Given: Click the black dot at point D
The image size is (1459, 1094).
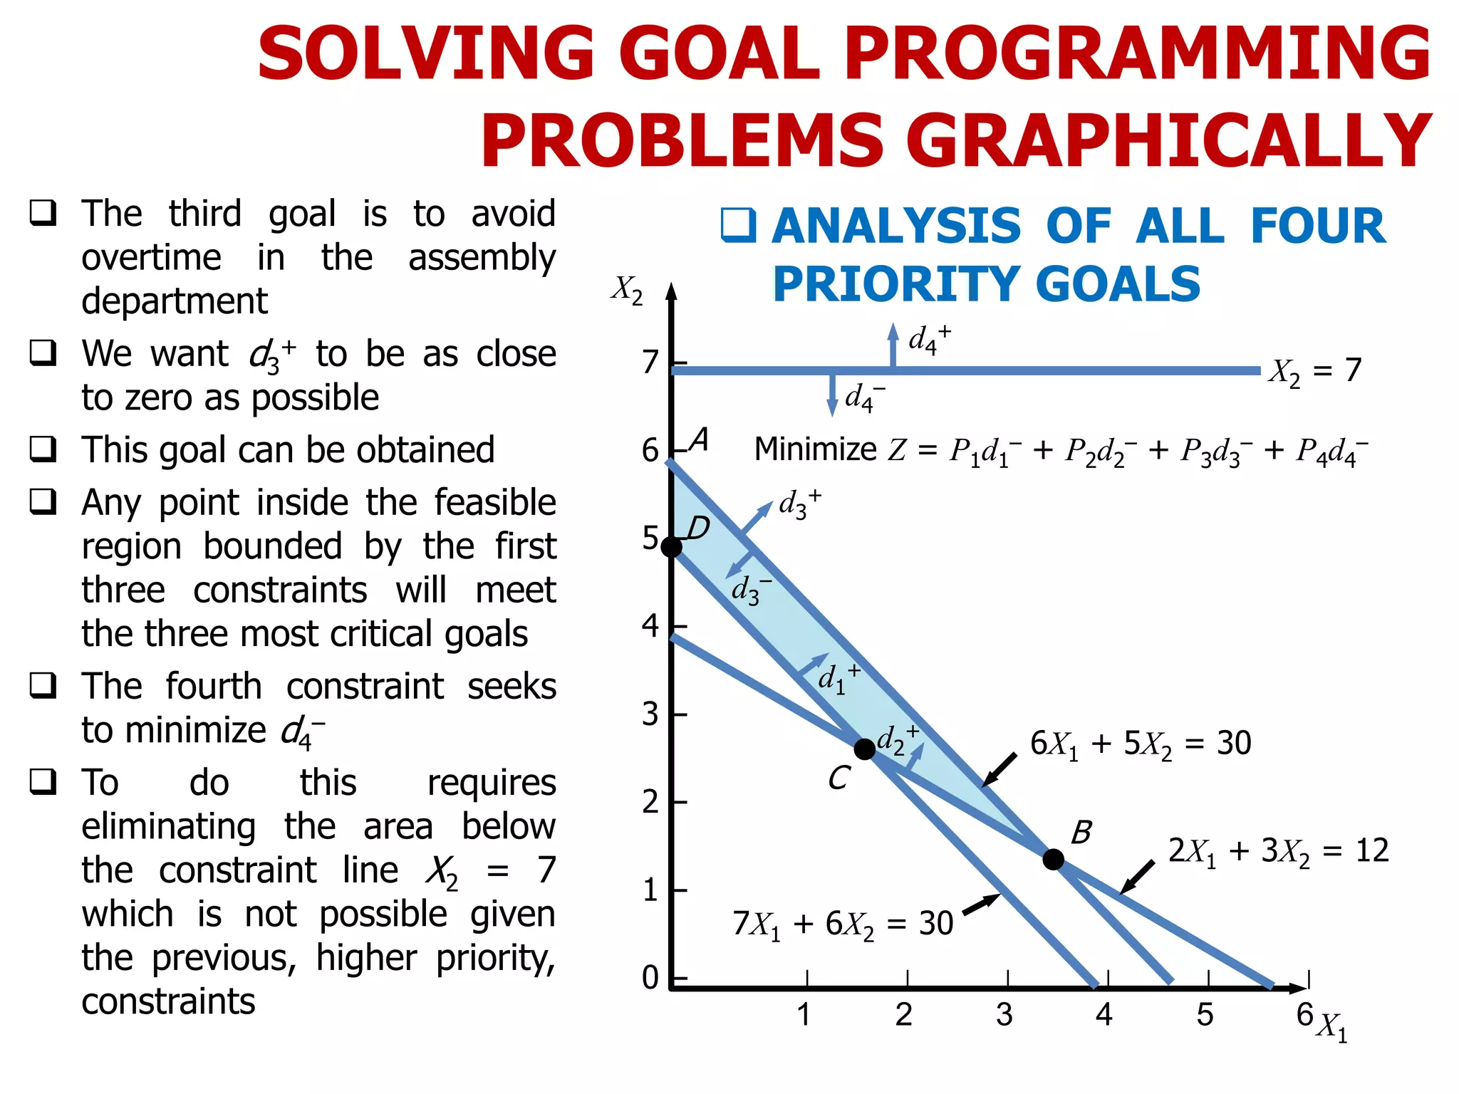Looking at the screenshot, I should pyautogui.click(x=671, y=547).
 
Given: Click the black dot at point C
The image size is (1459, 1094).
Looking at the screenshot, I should pyautogui.click(x=864, y=749).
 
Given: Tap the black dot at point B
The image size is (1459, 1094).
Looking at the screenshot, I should pyautogui.click(x=1053, y=859).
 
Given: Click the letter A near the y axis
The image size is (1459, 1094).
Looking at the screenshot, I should pyautogui.click(x=700, y=439).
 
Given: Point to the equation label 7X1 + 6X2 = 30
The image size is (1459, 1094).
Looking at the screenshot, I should pyautogui.click(x=843, y=924).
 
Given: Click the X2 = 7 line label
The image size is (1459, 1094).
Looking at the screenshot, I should pyautogui.click(x=1314, y=371).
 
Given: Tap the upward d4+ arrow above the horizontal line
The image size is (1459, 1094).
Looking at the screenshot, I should pyautogui.click(x=893, y=345).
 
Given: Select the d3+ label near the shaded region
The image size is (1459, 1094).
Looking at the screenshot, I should pyautogui.click(x=799, y=504).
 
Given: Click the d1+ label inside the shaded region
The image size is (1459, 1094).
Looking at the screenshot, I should pyautogui.click(x=838, y=677).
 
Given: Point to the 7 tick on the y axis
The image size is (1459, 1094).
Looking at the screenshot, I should pyautogui.click(x=650, y=363).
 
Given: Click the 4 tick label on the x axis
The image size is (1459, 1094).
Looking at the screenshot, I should pyautogui.click(x=1104, y=1014).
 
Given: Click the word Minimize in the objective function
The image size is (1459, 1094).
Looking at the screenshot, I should pyautogui.click(x=815, y=449).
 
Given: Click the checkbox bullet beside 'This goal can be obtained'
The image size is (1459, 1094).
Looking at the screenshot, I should pyautogui.click(x=43, y=449).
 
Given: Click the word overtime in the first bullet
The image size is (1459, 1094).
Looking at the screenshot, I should pyautogui.click(x=151, y=257).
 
